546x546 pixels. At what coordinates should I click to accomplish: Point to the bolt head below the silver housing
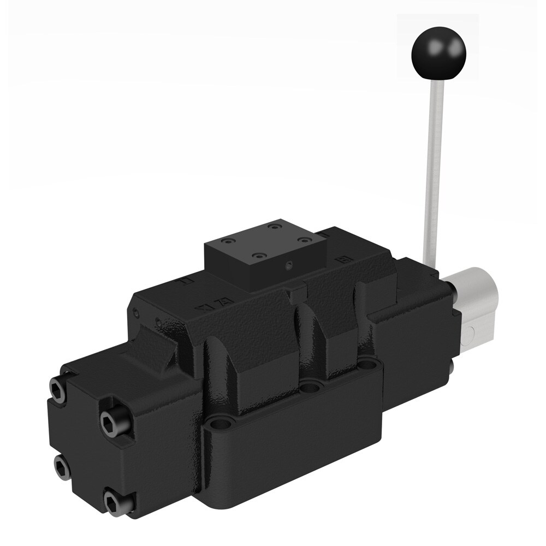click(x=453, y=367)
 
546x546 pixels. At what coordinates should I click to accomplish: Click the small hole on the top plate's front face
click(x=289, y=268)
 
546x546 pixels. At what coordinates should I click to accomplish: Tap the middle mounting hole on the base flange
click(x=312, y=387)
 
